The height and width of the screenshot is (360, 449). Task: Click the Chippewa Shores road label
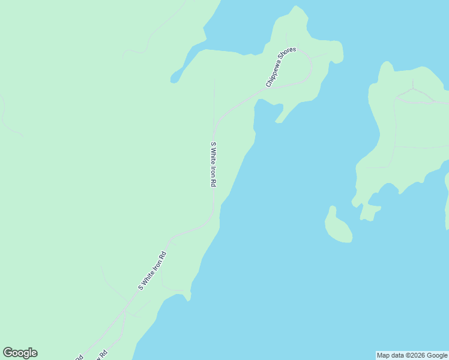tap(281, 68)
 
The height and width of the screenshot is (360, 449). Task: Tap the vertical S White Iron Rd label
tap(213, 164)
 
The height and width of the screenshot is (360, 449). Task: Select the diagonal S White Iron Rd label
tap(152, 271)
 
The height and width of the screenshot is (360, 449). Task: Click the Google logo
tap(20, 353)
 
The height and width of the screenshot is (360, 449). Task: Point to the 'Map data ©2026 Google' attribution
tap(412, 355)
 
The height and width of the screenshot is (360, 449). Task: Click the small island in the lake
tap(338, 227)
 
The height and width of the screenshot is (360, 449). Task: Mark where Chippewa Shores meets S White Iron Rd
tap(214, 130)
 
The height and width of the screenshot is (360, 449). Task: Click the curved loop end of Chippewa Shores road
tap(310, 67)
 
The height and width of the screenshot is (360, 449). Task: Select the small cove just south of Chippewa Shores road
tap(268, 112)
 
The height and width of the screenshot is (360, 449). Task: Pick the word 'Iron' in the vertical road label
tap(213, 170)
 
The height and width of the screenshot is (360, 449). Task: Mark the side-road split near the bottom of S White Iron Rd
tap(125, 311)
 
